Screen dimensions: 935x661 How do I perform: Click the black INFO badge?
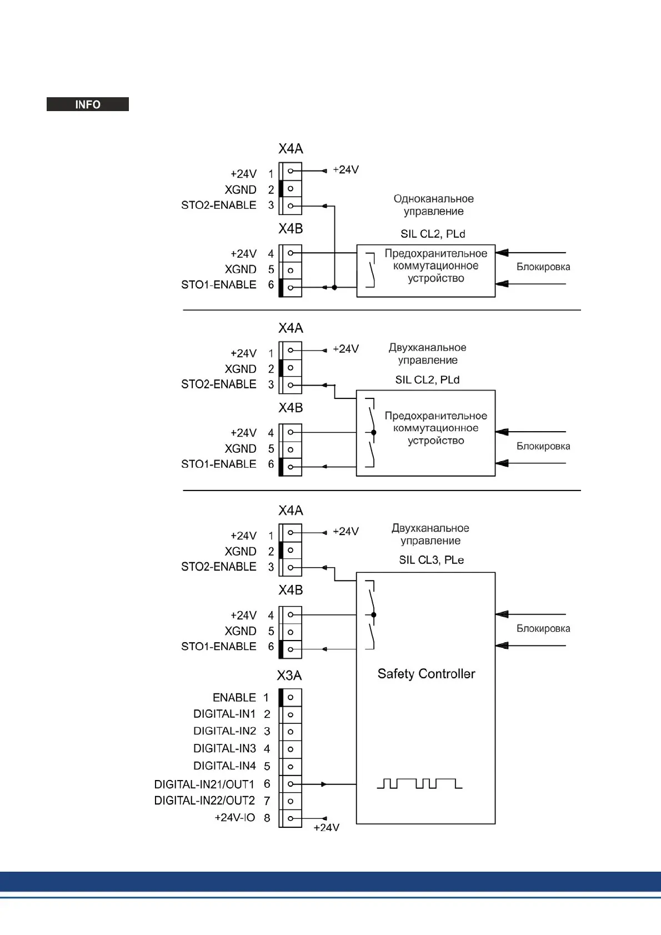click(x=87, y=104)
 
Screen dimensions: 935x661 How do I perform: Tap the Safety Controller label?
click(x=426, y=674)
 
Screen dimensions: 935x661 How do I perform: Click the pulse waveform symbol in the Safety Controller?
click(x=419, y=783)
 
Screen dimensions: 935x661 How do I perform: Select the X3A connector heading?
click(x=289, y=676)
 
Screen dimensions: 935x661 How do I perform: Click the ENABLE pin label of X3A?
click(x=234, y=697)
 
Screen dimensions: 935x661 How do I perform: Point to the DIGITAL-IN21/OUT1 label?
click(x=204, y=784)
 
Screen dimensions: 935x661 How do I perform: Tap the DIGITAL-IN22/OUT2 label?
click(x=204, y=801)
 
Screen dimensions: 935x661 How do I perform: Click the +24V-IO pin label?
click(x=234, y=817)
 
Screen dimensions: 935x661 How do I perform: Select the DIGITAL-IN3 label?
click(x=224, y=748)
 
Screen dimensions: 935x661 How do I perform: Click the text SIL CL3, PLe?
click(x=431, y=560)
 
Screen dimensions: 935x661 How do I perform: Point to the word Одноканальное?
click(x=433, y=198)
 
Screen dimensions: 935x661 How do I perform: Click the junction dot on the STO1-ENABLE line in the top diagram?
click(x=334, y=287)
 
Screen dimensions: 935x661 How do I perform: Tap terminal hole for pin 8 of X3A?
click(x=291, y=818)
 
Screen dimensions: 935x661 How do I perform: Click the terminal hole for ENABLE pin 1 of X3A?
click(x=291, y=697)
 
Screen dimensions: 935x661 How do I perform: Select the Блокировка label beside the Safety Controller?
click(x=543, y=628)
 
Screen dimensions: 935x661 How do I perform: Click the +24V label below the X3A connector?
click(x=326, y=827)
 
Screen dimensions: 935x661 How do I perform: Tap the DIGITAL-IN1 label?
click(x=224, y=714)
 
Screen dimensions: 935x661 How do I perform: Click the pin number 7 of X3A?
click(x=267, y=801)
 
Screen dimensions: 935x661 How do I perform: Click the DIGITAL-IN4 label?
click(x=224, y=766)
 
